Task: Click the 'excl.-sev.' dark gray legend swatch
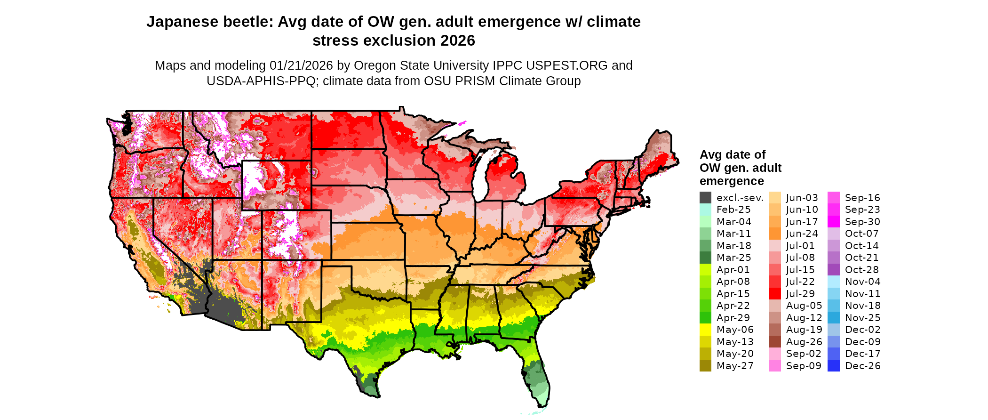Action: (x=705, y=198)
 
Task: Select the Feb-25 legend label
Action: (x=733, y=210)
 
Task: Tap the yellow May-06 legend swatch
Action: (x=705, y=330)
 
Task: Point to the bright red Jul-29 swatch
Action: (x=775, y=294)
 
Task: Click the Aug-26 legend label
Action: (x=804, y=342)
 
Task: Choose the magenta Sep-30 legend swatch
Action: (x=833, y=222)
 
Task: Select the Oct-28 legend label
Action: (x=862, y=270)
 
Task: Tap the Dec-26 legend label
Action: (x=862, y=366)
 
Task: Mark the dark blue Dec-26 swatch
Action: (x=833, y=366)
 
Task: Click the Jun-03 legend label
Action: (x=802, y=198)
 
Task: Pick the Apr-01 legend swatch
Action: (x=705, y=270)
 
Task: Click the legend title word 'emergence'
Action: (x=732, y=181)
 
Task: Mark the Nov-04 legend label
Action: (x=862, y=282)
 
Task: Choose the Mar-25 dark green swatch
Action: (x=705, y=258)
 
